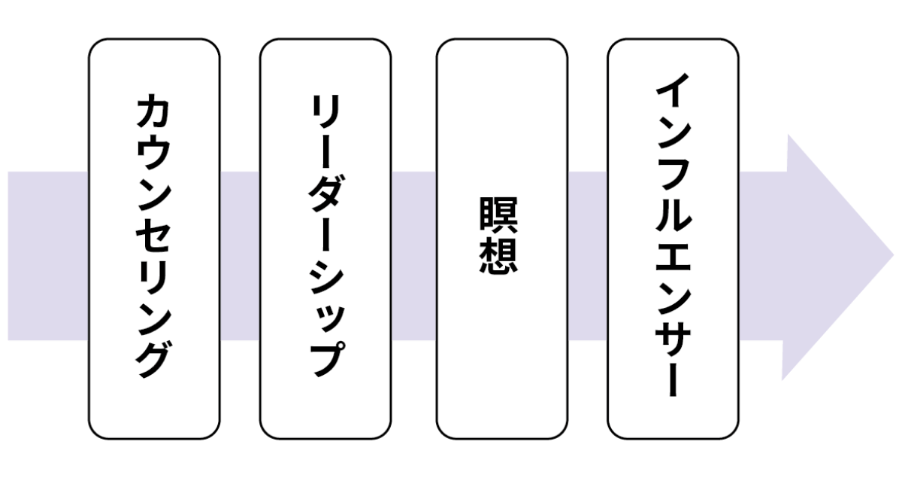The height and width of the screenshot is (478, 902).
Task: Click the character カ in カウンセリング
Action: point(153,113)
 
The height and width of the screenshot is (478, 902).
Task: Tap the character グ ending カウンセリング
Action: point(153,357)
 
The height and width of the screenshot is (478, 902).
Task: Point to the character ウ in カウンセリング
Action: point(153,154)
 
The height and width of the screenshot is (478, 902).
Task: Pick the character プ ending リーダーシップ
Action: point(325,357)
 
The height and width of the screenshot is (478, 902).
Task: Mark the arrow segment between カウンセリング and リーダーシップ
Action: point(240,257)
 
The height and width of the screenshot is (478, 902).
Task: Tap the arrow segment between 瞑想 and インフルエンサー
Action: point(587,257)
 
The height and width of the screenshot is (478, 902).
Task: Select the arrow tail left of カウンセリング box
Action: point(47,257)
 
